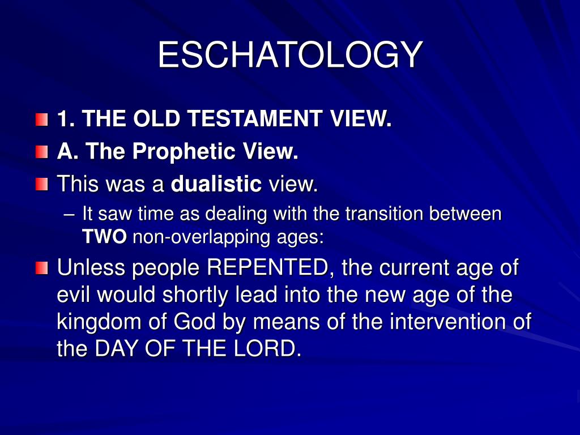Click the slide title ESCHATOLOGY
coord(291,55)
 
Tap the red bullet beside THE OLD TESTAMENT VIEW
coord(42,120)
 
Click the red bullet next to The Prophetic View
coord(42,152)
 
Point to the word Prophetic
coord(184,152)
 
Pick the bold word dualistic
coord(216,184)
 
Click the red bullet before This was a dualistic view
coord(42,184)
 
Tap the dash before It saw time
coord(69,215)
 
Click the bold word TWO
coord(104,237)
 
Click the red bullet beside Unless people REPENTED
coord(42,268)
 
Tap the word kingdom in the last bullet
coord(99,322)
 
